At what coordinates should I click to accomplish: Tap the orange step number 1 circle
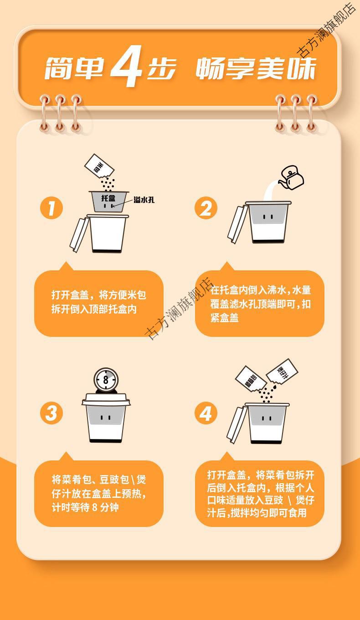coord(51,208)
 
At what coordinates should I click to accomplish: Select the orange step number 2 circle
coord(206,208)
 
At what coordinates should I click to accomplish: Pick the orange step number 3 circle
coord(51,413)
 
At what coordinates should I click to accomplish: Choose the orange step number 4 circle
coord(206,413)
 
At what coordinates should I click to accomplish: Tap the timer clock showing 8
coord(106,379)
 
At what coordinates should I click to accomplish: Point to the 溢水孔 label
coord(144,199)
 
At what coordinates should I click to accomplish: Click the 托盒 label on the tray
coord(108,198)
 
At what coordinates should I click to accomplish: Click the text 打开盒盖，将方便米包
coord(99,295)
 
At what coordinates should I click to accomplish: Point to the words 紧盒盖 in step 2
coord(224,318)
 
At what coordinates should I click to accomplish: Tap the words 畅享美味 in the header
coord(256,70)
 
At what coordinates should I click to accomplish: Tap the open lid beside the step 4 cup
coord(237,424)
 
